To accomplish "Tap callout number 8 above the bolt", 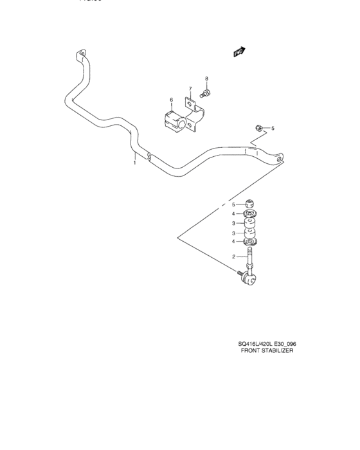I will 206,79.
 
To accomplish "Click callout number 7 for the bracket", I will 190,89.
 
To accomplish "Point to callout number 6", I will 171,100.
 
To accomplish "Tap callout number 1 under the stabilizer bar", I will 134,163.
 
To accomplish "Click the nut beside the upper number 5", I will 257,129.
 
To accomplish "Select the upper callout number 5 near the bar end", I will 272,129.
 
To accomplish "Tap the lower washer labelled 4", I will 251,243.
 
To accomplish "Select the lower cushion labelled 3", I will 251,234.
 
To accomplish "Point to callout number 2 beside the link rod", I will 235,257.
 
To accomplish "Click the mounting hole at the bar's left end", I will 81,53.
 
